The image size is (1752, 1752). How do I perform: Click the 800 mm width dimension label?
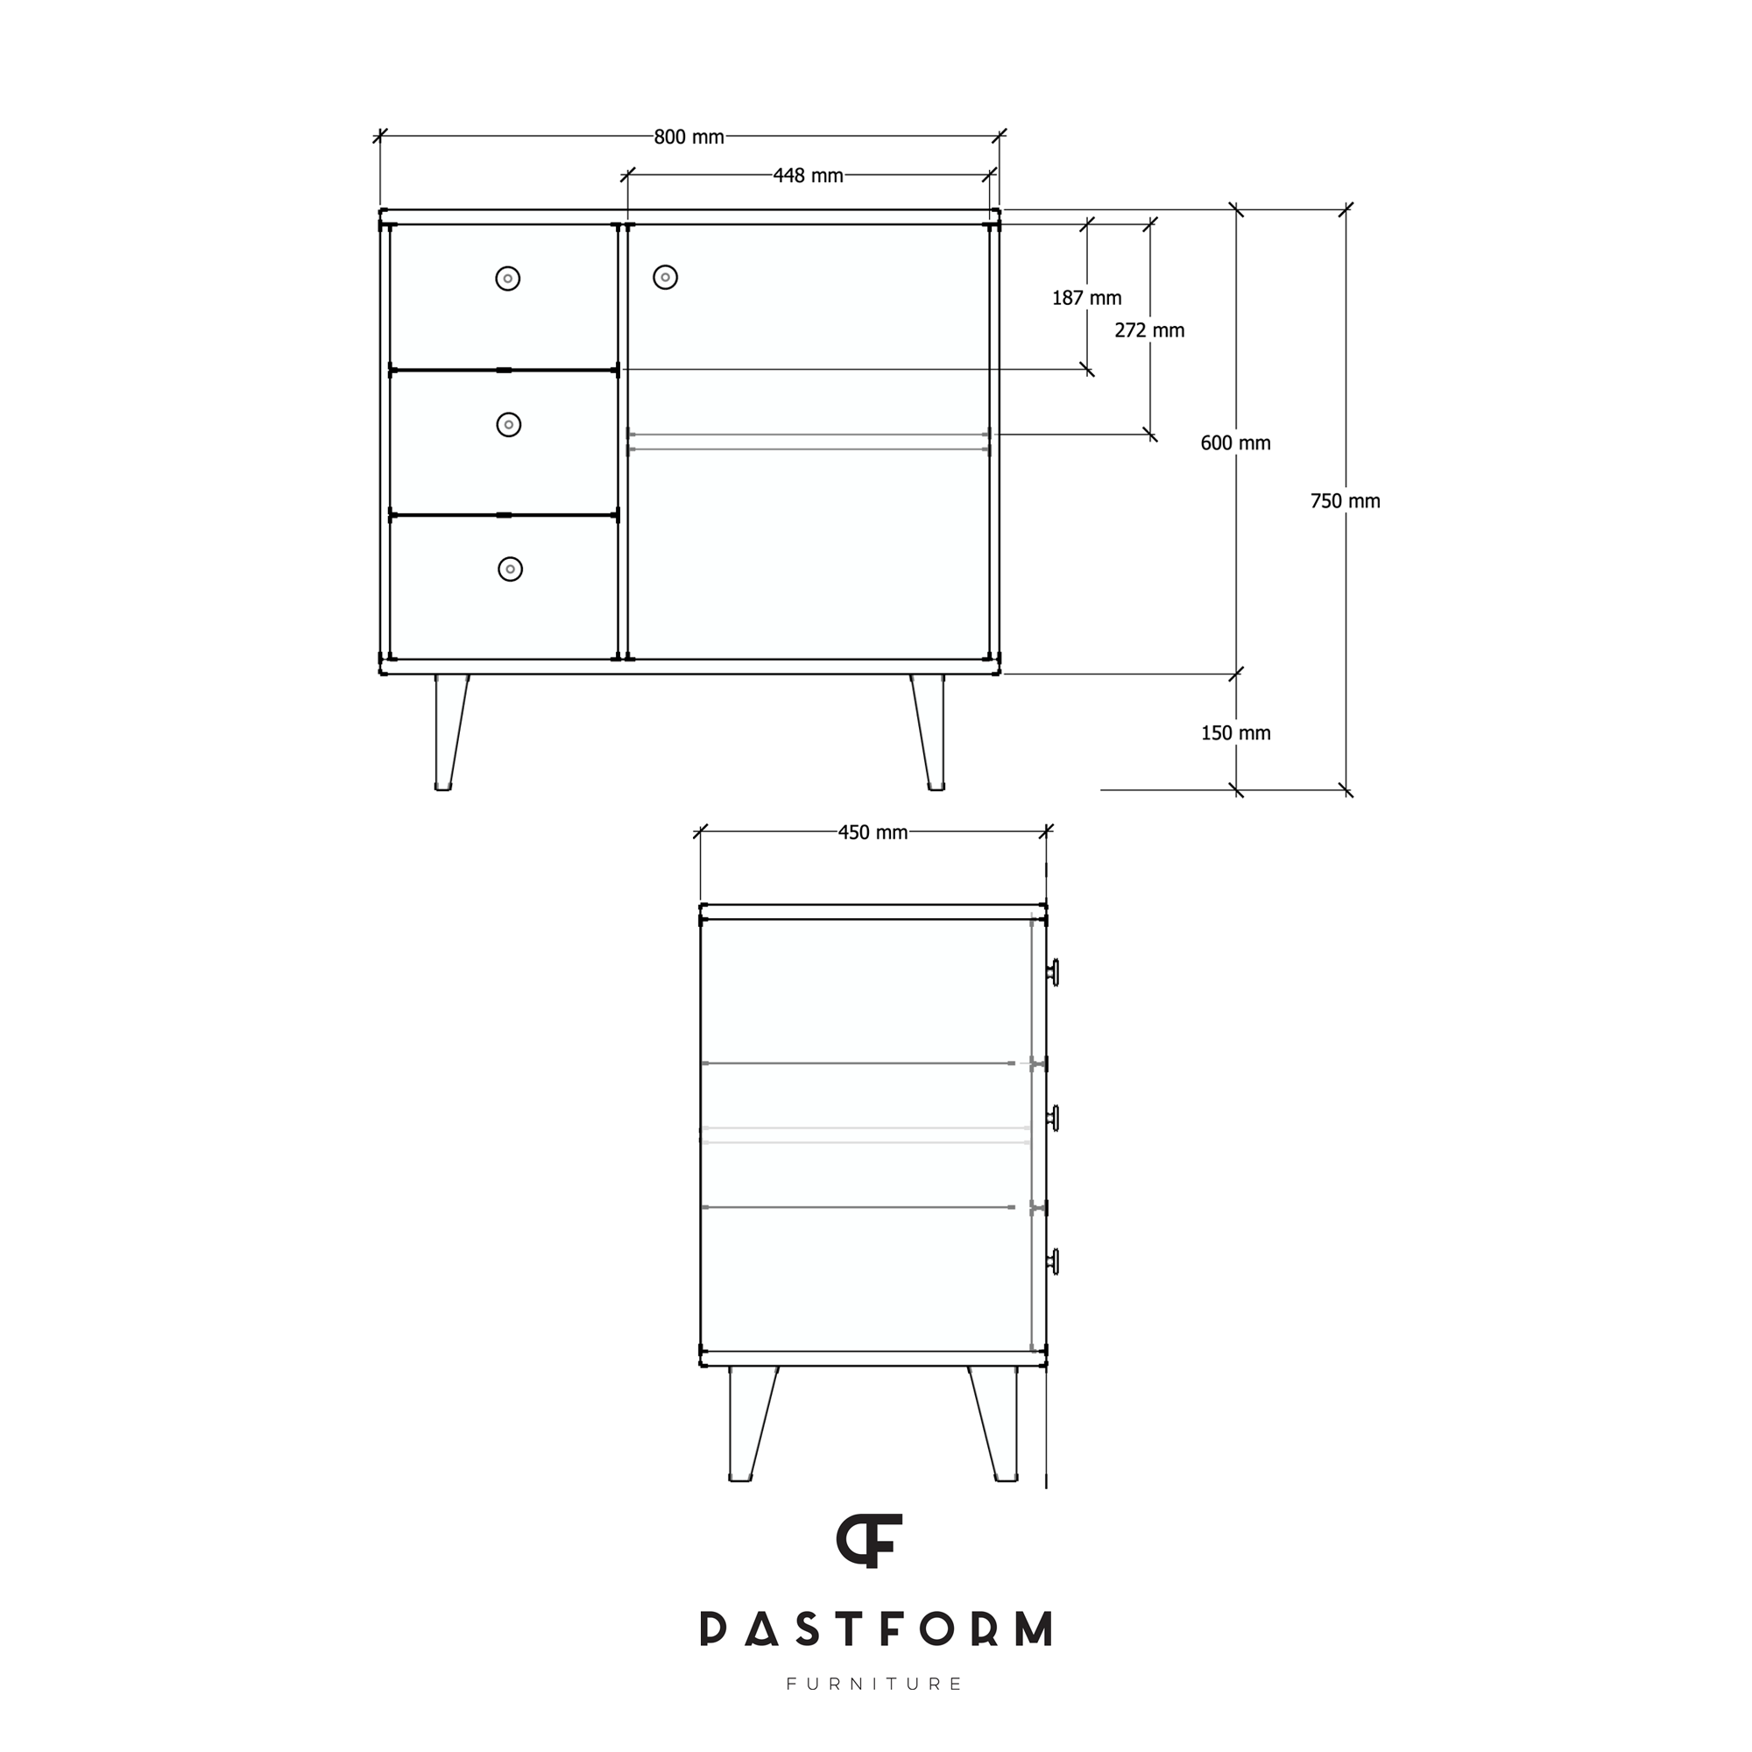689,137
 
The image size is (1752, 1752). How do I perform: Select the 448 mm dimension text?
808,176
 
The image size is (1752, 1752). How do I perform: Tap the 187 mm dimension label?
1086,298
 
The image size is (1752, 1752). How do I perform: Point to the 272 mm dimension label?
1149,330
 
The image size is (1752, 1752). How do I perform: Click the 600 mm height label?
1235,442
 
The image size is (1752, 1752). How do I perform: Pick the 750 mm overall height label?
1345,500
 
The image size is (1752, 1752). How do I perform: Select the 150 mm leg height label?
1235,732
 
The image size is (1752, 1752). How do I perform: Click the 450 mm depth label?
872,832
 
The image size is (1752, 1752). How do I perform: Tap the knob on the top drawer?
508,279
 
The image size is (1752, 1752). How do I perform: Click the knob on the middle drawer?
509,424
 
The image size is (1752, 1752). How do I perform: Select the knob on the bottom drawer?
511,569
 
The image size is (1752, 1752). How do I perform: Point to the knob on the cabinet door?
666,277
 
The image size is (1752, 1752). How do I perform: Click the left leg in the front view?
449,731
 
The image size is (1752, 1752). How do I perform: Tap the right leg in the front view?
930,731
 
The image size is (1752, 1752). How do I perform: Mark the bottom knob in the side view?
1053,1261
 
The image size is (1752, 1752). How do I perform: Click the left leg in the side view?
749,1423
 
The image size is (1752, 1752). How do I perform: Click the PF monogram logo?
869,1541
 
